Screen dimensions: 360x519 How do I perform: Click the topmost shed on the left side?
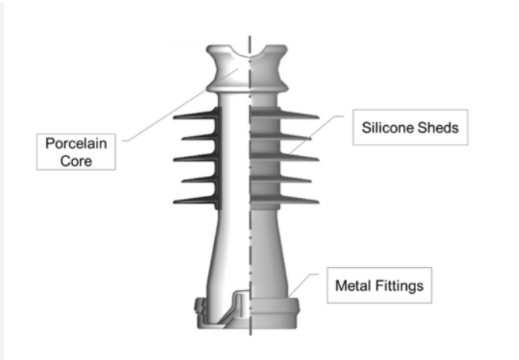(196, 118)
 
